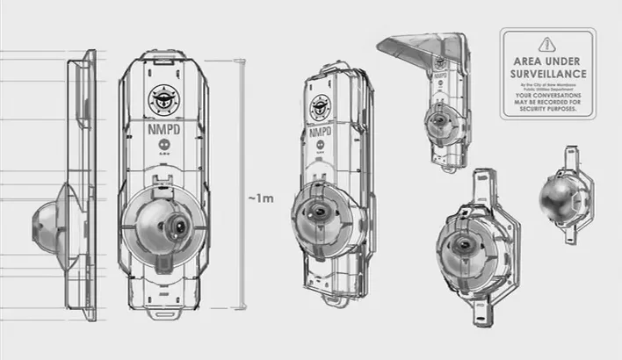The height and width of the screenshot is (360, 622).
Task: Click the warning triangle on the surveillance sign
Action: tap(548, 44)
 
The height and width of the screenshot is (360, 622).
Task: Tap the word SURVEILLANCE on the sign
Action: tap(548, 75)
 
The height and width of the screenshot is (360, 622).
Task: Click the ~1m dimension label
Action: tap(261, 199)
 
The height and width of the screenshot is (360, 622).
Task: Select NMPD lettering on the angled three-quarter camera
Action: tap(320, 136)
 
